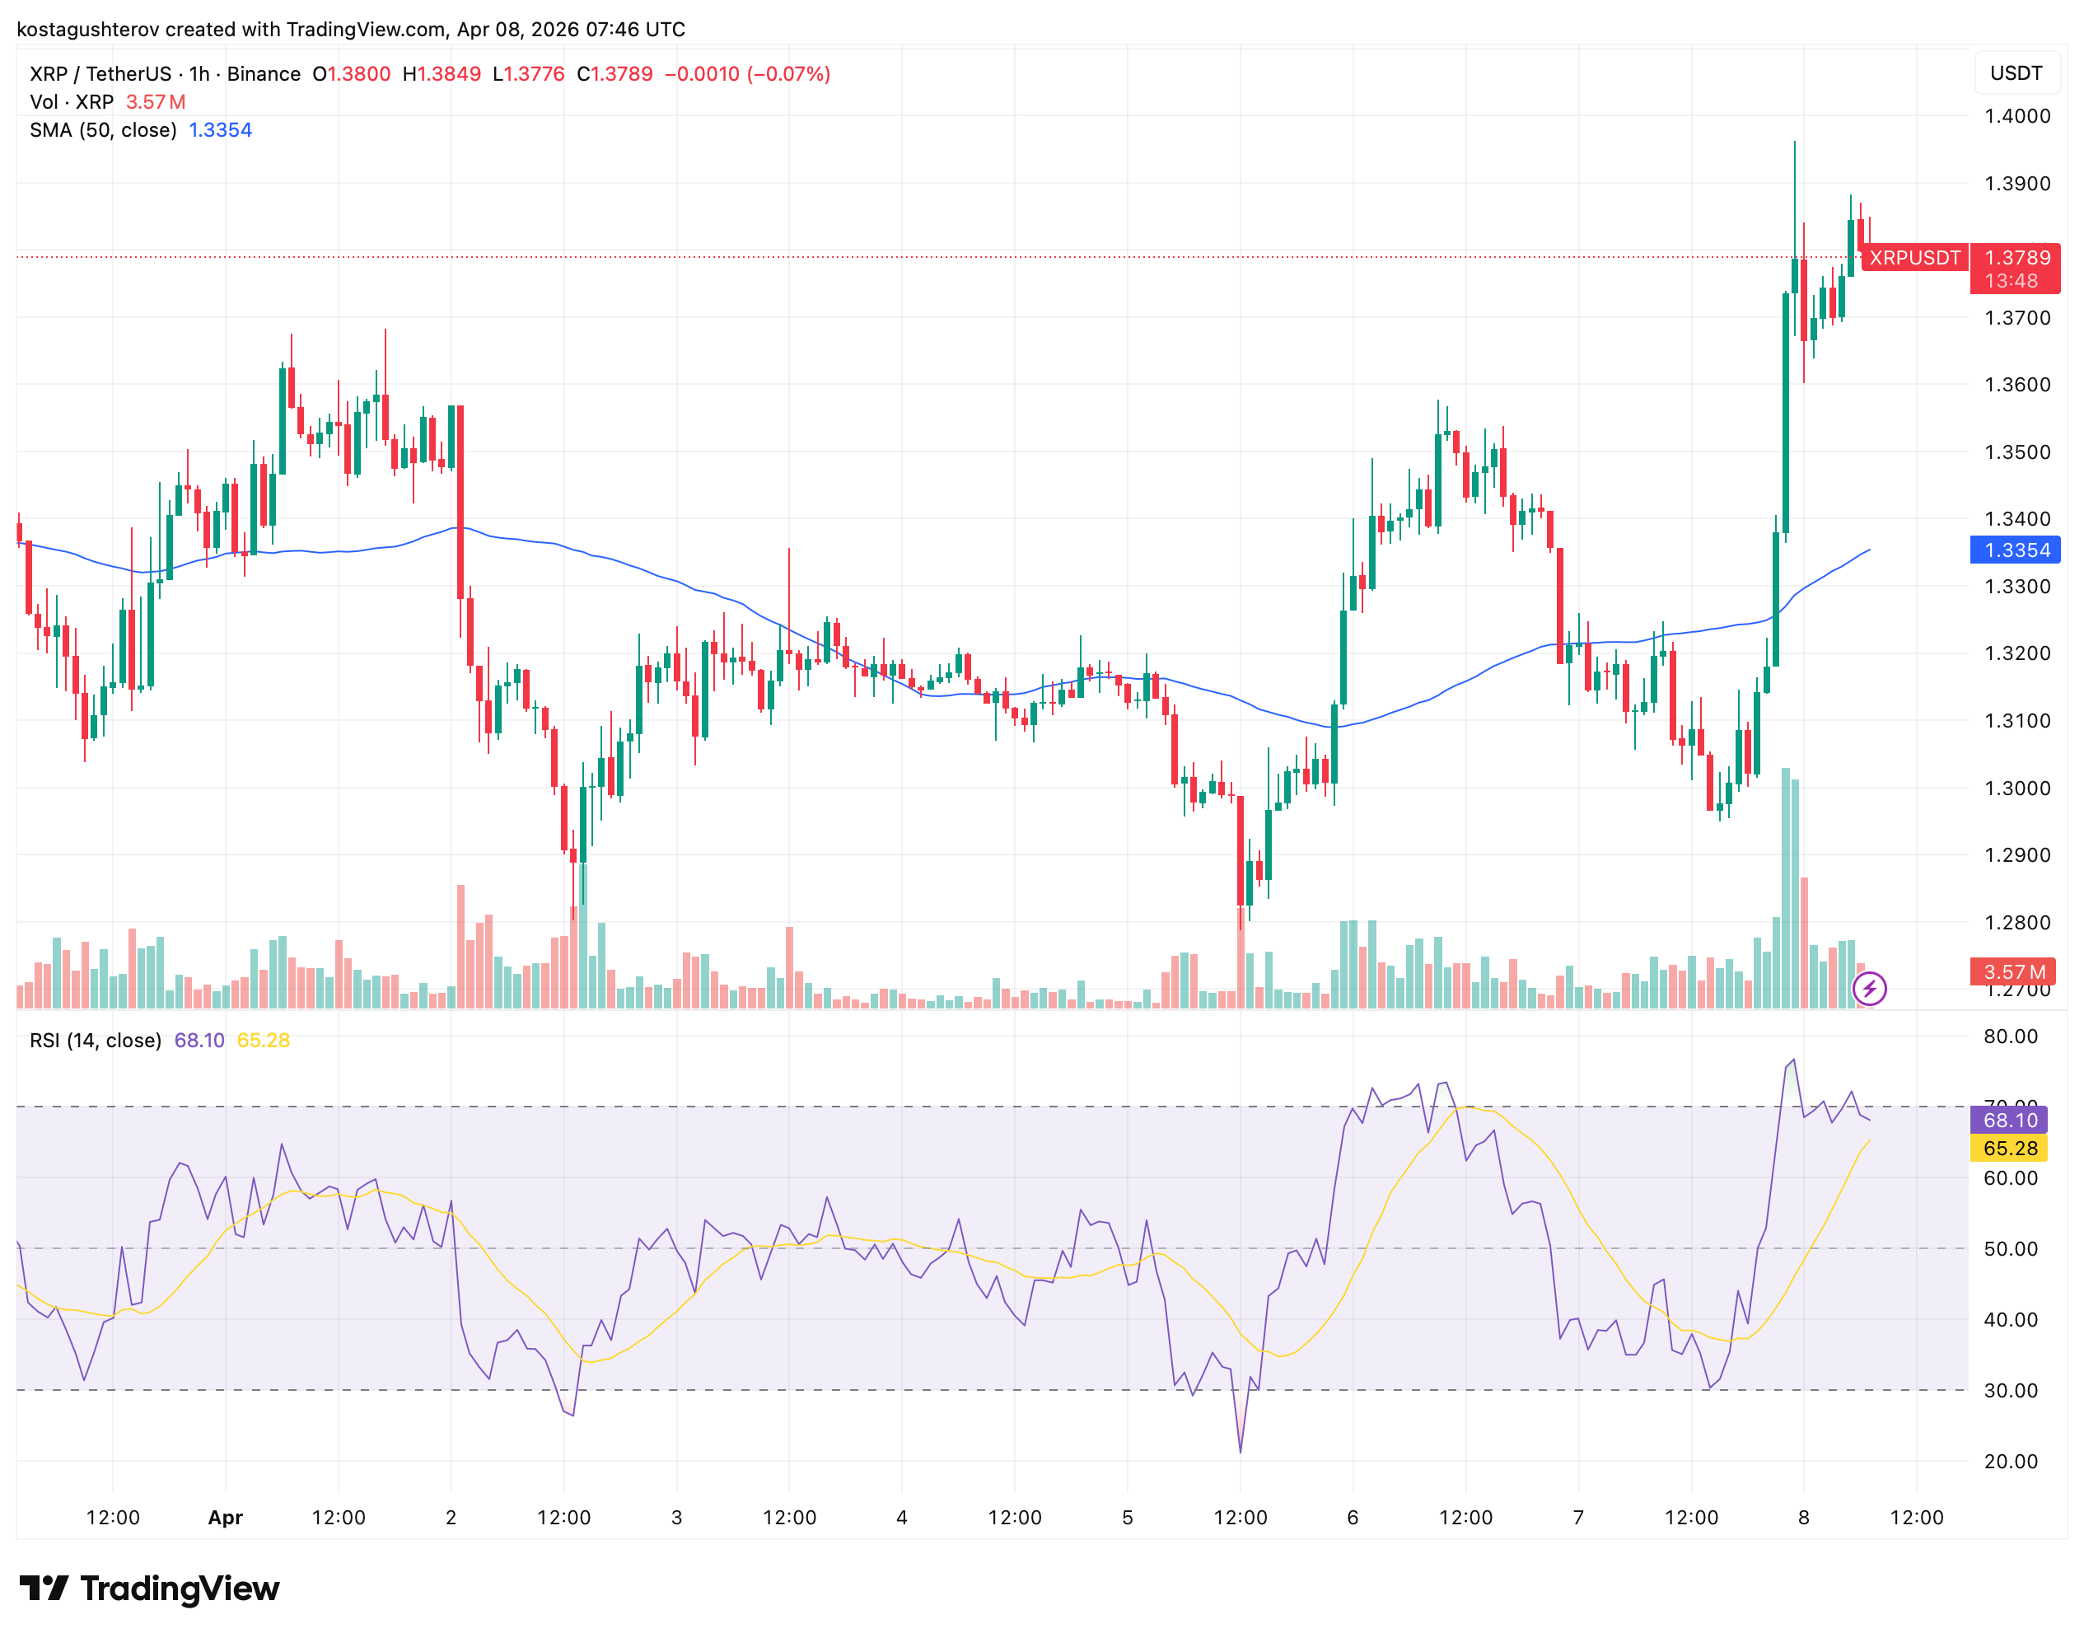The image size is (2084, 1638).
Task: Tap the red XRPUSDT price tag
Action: coord(1913,257)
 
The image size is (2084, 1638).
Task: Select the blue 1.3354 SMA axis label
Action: coord(2016,550)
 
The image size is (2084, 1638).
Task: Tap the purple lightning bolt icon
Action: coord(1868,988)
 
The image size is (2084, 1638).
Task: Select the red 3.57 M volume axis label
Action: coord(2014,971)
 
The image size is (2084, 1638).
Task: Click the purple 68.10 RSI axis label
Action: coord(2009,1119)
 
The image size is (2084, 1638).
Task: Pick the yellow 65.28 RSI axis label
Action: coord(2009,1148)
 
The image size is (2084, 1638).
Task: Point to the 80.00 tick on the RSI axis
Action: coord(2010,1036)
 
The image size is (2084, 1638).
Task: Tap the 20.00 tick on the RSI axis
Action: coord(2010,1461)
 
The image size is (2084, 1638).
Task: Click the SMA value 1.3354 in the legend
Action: coord(221,129)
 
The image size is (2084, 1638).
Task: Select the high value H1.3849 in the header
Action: coord(441,74)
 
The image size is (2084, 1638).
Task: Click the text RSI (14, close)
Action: coord(96,1040)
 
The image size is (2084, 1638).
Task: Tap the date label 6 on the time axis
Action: coord(1352,1517)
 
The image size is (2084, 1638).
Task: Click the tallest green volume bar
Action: coord(1785,887)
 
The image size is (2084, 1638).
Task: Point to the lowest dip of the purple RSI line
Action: coord(1240,1450)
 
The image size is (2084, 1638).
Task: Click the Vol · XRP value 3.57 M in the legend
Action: coord(156,101)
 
